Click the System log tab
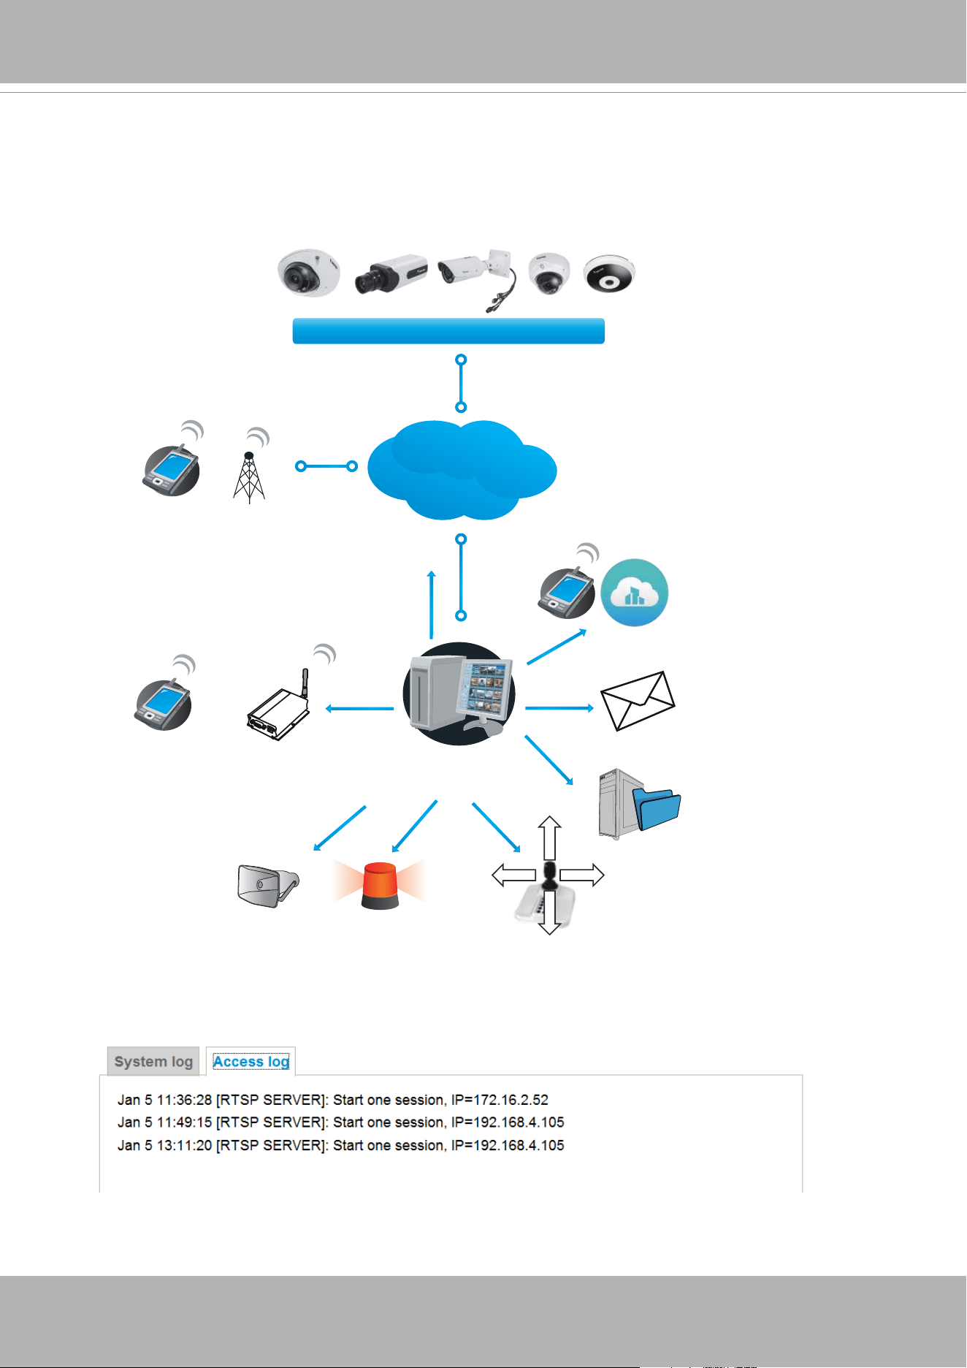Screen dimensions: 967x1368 pyautogui.click(x=153, y=1061)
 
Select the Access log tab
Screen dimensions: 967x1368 pyautogui.click(x=251, y=1061)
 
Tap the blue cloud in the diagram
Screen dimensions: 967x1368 pyautogui.click(x=462, y=470)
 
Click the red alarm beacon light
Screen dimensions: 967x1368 pyautogui.click(x=380, y=885)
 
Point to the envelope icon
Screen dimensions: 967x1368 pyautogui.click(x=638, y=701)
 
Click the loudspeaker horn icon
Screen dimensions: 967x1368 pyautogui.click(x=268, y=886)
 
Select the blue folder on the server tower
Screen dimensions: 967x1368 pyautogui.click(x=657, y=807)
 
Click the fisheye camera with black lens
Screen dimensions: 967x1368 pyautogui.click(x=609, y=275)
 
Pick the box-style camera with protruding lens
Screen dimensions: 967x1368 pyautogui.click(x=391, y=274)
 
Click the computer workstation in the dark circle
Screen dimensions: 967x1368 pyautogui.click(x=459, y=693)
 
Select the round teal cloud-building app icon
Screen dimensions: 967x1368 pyautogui.click(x=635, y=593)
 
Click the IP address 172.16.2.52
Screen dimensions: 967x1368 pyautogui.click(x=511, y=1100)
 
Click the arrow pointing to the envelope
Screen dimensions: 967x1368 pyautogui.click(x=559, y=707)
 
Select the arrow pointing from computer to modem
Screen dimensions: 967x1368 pyautogui.click(x=359, y=708)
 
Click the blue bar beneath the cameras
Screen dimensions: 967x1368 pyautogui.click(x=448, y=331)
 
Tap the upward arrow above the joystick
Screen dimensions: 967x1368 pyautogui.click(x=549, y=838)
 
